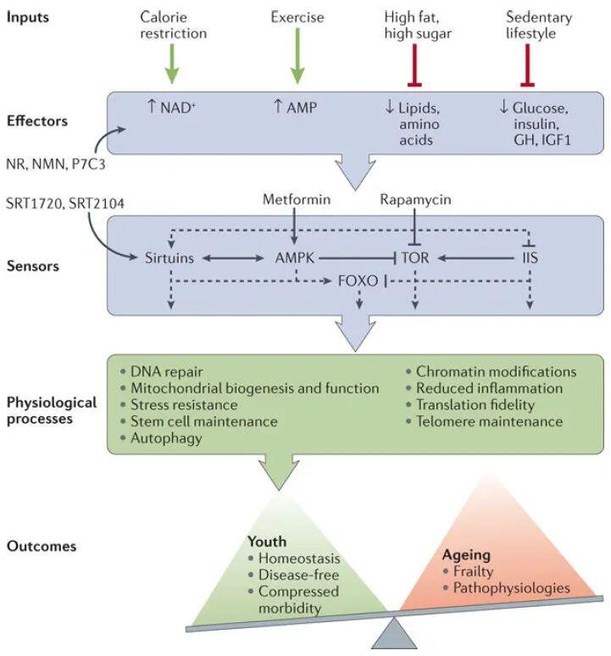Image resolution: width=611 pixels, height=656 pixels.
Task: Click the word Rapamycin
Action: (x=414, y=198)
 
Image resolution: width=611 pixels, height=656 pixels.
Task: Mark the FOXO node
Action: (x=357, y=278)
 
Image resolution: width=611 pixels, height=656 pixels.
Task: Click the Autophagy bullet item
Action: (x=166, y=438)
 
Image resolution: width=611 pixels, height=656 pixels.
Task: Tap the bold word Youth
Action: (x=266, y=540)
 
